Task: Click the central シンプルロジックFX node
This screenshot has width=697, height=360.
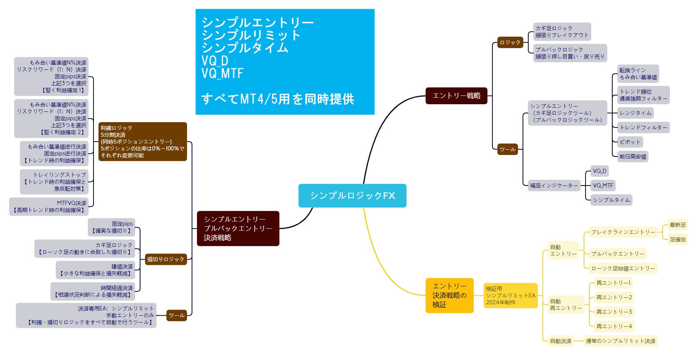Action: tap(352, 195)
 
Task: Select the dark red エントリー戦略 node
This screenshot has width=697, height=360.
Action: tap(456, 95)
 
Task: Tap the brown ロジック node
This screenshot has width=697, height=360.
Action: tap(510, 42)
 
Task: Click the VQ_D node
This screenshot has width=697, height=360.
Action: tap(599, 171)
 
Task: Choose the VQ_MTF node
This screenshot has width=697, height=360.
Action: tap(603, 186)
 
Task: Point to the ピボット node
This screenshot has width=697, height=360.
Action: tap(630, 142)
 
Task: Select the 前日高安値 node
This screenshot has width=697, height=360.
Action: tap(632, 157)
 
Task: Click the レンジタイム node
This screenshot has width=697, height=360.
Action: tap(635, 113)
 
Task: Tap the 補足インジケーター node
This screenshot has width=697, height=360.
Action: tap(554, 186)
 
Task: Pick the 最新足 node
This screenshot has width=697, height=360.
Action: tap(678, 225)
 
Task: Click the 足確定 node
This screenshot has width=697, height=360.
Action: tap(678, 239)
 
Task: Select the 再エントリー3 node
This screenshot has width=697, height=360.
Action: tap(614, 312)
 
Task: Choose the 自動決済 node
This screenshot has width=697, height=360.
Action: tap(560, 341)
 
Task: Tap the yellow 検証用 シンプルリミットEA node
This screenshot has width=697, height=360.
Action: tap(510, 295)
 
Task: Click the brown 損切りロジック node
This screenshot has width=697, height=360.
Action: tap(166, 259)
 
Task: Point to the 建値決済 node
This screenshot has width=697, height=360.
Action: tap(96, 270)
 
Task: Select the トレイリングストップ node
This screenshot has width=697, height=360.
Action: tap(54, 182)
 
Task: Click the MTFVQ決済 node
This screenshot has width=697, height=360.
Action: tap(49, 207)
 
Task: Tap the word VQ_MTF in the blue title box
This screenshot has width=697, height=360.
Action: tap(222, 73)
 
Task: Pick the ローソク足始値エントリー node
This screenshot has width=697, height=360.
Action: tap(623, 268)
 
